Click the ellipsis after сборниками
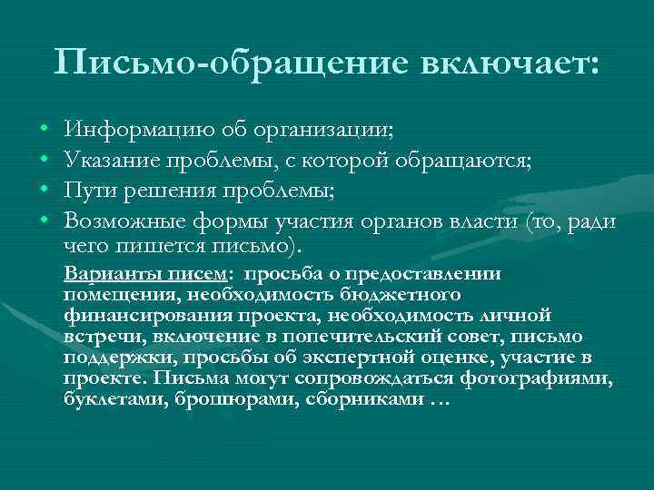point(440,397)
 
